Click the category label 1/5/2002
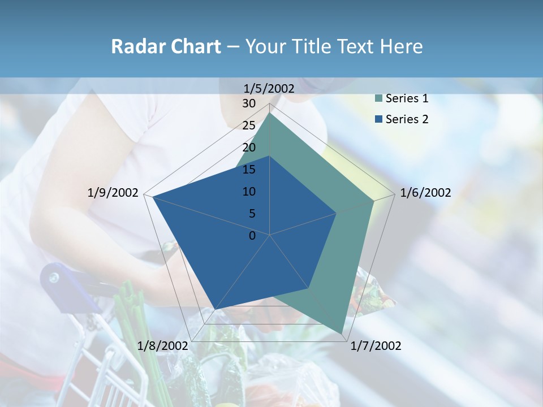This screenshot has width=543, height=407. tap(269, 88)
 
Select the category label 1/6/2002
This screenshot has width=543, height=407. tap(425, 193)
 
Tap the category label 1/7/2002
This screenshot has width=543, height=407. tap(376, 346)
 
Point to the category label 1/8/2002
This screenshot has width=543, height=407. tap(162, 346)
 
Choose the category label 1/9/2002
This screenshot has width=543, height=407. tap(113, 193)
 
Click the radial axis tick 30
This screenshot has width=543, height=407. tap(249, 103)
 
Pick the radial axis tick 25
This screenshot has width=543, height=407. tap(249, 125)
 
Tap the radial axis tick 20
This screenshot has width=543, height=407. tap(249, 148)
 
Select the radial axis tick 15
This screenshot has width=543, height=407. tap(249, 170)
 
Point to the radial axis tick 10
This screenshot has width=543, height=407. tap(249, 192)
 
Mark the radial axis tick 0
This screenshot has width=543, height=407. tap(252, 236)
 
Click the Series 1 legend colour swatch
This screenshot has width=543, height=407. tap(378, 99)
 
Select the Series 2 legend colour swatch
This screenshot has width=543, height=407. tap(378, 119)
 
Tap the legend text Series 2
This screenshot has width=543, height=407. tap(407, 119)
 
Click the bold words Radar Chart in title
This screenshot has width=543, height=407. tap(166, 46)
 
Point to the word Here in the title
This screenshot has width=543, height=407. tap(402, 46)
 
